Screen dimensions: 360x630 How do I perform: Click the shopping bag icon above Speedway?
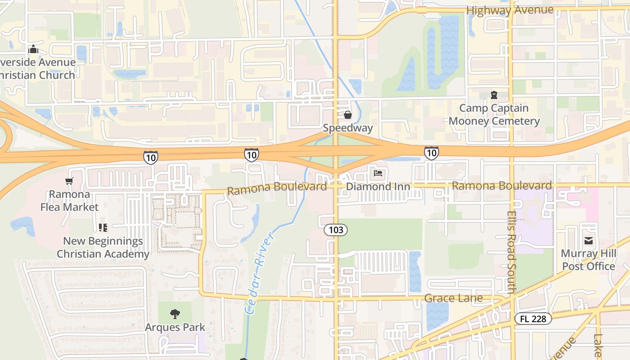pos(347,115)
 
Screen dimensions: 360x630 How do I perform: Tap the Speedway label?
pos(348,128)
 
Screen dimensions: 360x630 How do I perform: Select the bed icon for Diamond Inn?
pos(378,173)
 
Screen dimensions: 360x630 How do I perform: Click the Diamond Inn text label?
pos(378,187)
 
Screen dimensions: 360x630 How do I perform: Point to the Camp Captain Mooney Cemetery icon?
pos(494,95)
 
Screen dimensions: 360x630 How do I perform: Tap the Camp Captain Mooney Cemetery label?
pos(494,115)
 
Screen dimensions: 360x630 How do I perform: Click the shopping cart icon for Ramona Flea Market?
pos(69,181)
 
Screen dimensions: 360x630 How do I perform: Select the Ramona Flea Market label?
pos(69,201)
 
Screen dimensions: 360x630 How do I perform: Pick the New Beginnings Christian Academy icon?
pos(103,228)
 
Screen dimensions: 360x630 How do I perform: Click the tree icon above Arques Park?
pos(175,314)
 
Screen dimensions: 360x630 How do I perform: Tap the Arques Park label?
pos(175,328)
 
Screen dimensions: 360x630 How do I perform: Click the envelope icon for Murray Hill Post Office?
pos(588,241)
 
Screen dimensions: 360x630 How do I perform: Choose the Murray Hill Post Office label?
pos(588,260)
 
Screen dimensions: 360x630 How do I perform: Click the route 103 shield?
pos(336,230)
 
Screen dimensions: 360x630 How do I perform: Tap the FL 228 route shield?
pos(533,319)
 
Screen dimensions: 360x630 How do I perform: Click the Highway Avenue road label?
pos(509,10)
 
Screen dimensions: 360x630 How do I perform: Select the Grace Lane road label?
pos(453,298)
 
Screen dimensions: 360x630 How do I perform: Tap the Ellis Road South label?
pos(511,252)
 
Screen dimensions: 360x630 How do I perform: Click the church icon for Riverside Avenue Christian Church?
pos(33,49)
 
